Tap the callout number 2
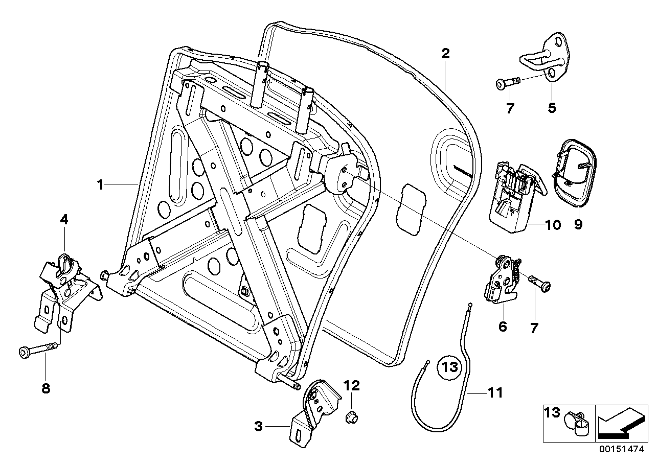coord(445,54)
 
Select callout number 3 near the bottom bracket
coord(258,426)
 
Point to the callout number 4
coord(64,219)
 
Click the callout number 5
coord(552,108)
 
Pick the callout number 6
coord(503,327)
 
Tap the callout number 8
coord(46,388)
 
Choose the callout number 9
coord(578,224)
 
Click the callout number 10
coord(553,225)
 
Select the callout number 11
coord(495,393)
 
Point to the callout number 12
coord(352,385)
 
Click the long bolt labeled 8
coord(38,350)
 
